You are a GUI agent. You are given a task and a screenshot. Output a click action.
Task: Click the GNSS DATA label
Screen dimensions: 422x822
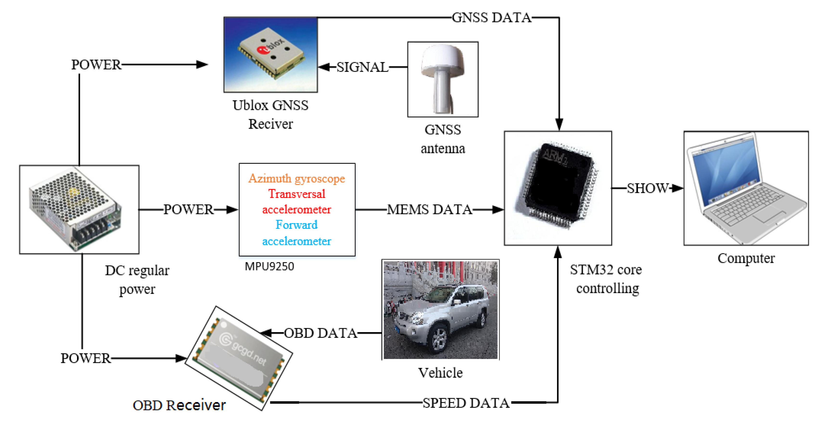point(491,18)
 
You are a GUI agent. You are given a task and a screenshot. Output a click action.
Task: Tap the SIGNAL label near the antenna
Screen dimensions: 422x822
point(363,67)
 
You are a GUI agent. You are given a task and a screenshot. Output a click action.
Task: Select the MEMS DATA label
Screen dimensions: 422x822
point(429,210)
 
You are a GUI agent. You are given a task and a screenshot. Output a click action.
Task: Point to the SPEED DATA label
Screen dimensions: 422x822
point(466,403)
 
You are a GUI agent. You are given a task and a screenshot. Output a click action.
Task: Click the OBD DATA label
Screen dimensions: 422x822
point(320,333)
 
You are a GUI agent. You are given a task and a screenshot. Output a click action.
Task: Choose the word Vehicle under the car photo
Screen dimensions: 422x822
point(440,372)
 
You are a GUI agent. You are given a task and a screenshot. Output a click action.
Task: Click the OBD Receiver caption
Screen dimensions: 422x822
point(179,405)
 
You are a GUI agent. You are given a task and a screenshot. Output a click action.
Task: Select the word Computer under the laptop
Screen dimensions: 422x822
point(746,258)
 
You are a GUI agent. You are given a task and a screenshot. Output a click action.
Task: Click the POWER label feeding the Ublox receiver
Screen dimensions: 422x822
point(96,65)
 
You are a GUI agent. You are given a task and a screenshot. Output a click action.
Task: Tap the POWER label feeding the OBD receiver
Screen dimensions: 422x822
point(85,358)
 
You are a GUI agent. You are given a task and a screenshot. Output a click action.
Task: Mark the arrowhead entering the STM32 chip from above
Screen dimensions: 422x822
point(559,124)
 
